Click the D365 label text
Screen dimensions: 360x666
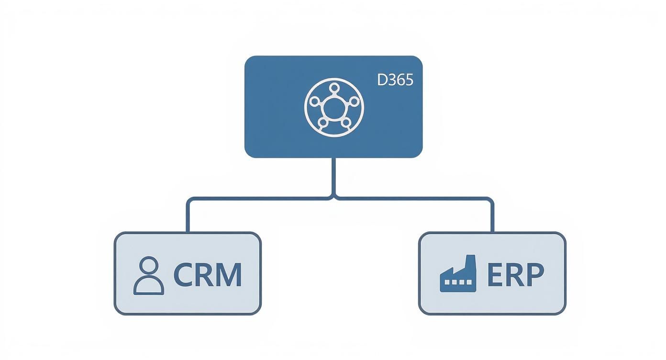pos(395,80)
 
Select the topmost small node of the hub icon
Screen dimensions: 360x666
pos(334,88)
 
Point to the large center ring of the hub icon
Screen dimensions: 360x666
pos(333,108)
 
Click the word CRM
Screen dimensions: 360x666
pos(207,275)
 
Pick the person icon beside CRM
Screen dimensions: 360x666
pos(149,275)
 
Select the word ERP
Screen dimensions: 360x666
pos(515,274)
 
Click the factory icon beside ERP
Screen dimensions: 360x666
pos(458,274)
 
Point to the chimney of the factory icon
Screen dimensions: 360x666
pos(470,261)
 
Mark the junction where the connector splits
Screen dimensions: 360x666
pos(333,197)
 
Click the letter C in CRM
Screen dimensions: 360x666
pos(182,275)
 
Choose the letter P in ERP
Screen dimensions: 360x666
pos(535,274)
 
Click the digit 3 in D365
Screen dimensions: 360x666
pos(391,80)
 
